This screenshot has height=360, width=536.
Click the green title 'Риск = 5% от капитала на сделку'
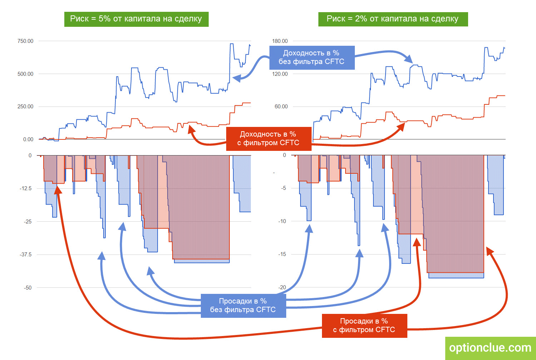pos(136,19)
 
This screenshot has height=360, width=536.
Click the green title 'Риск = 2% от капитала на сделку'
pos(393,19)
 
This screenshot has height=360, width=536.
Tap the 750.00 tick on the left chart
pos(25,41)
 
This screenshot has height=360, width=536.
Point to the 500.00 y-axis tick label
pos(25,74)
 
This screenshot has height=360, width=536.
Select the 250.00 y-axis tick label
pos(25,107)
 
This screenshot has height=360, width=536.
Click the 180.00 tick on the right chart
pos(280,41)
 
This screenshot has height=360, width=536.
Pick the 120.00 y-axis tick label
pos(280,74)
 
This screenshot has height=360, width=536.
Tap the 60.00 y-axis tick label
pos(281,107)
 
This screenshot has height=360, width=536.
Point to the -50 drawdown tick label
pos(28,287)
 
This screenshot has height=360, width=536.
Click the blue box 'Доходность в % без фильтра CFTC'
pos(312,57)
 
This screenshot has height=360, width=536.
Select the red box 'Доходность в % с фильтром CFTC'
pos(268,139)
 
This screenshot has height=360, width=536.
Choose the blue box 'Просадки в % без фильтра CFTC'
pos(243,305)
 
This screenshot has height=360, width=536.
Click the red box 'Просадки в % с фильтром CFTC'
pos(364,326)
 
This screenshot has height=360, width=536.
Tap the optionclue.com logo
pos(490,348)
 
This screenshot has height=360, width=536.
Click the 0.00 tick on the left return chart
pos(28,139)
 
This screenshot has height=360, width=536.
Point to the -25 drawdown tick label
pos(28,222)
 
